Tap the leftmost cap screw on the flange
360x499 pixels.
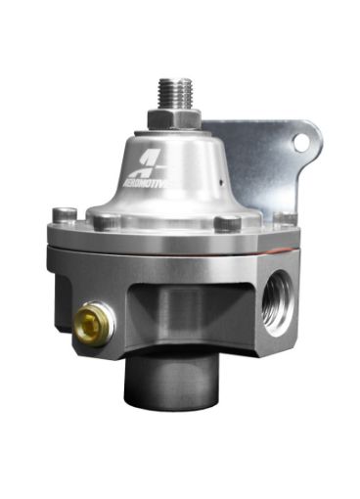tap(66, 216)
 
